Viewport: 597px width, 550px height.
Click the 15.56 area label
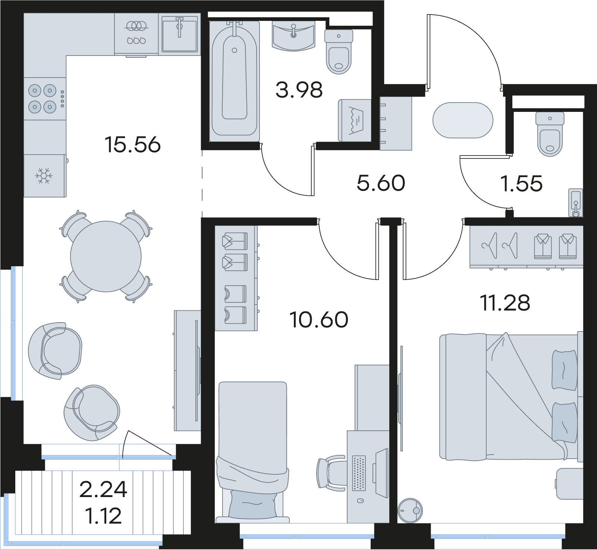(132, 145)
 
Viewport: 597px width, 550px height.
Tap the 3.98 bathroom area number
(299, 90)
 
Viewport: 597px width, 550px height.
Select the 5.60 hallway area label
(381, 183)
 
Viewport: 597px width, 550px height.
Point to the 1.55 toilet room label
(522, 183)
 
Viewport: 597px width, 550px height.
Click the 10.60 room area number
(319, 320)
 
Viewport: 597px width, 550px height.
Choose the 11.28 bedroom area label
(505, 303)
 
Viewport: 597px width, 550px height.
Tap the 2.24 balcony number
(103, 489)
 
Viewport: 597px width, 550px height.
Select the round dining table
(106, 256)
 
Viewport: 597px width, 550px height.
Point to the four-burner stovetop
(42, 99)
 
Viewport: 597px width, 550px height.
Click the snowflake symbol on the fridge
(44, 176)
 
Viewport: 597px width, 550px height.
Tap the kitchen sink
(179, 34)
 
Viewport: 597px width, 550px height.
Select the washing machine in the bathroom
(355, 120)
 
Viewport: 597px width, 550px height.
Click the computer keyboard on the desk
(359, 472)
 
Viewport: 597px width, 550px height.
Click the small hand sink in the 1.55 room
(576, 203)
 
